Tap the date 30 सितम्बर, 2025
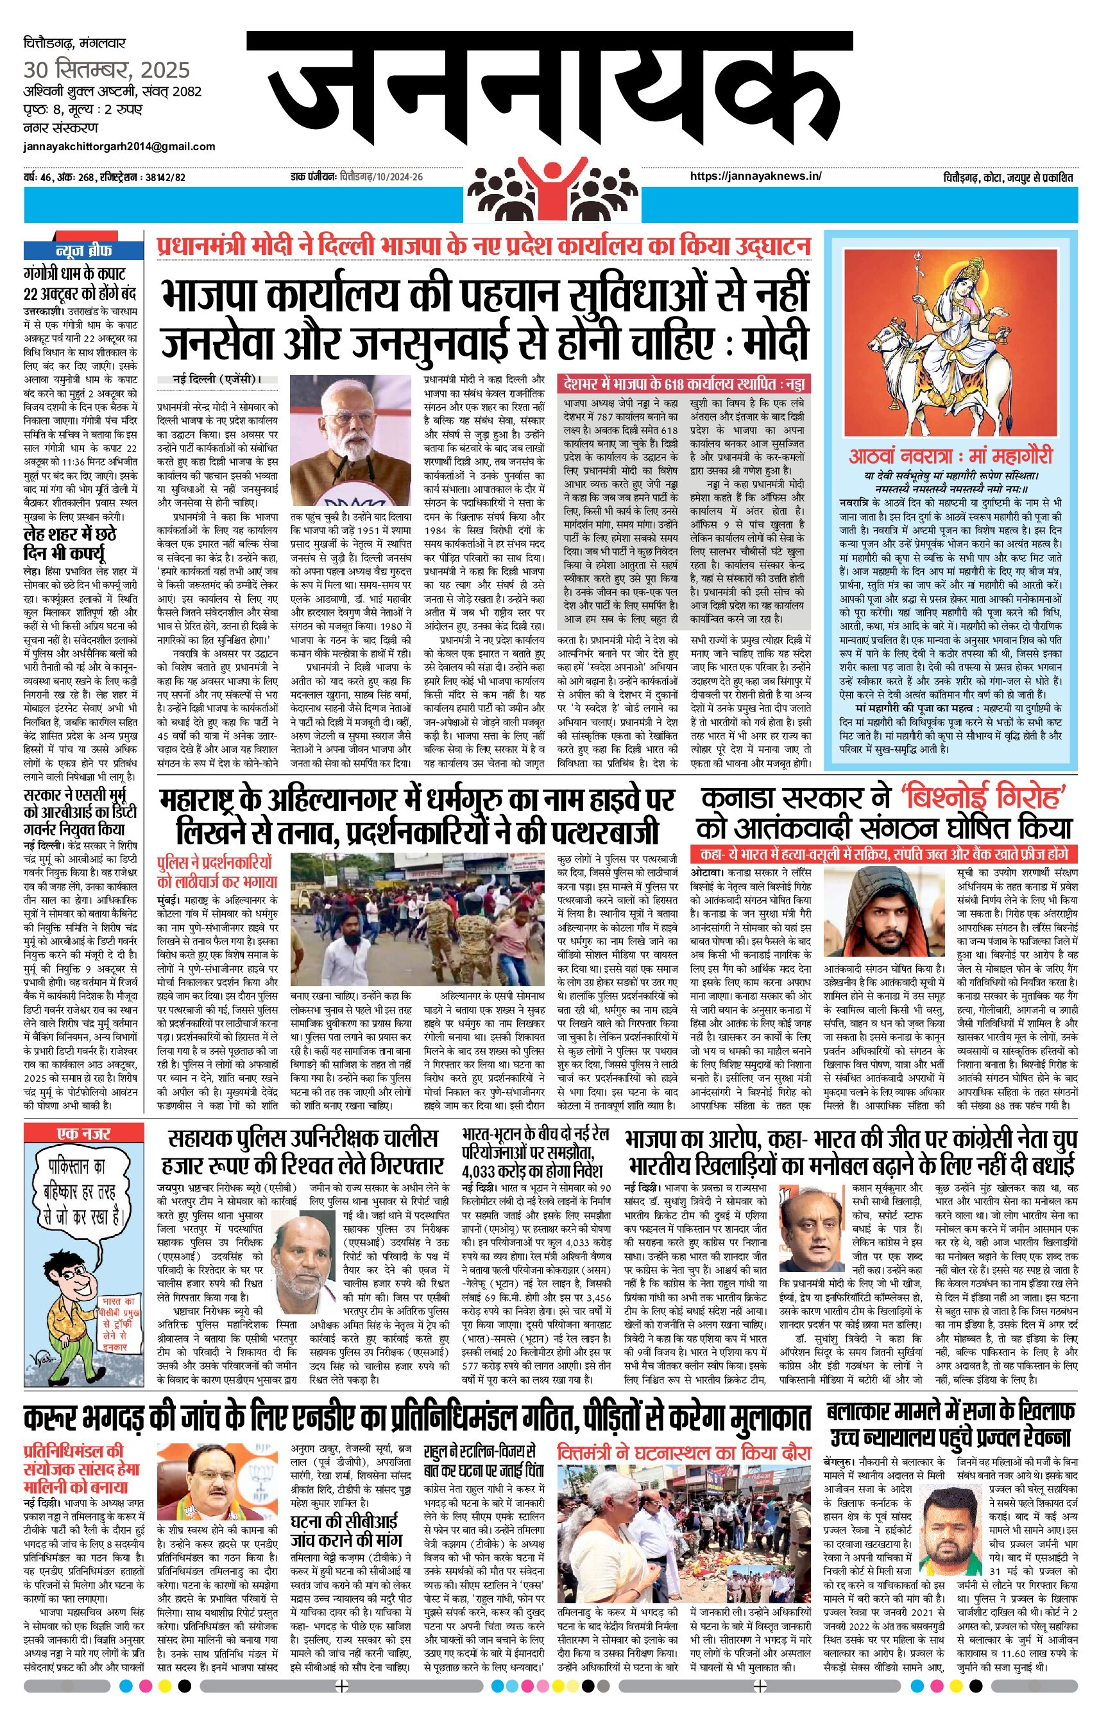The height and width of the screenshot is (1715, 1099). point(107,70)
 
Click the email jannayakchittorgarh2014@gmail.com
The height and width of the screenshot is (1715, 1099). point(119,146)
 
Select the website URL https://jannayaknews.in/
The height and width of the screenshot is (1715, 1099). point(756,177)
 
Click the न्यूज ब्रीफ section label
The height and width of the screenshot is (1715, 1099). point(83,251)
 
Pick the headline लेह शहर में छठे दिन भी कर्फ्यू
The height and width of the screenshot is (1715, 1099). point(70,543)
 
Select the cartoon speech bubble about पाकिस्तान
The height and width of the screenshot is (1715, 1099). point(84,1192)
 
